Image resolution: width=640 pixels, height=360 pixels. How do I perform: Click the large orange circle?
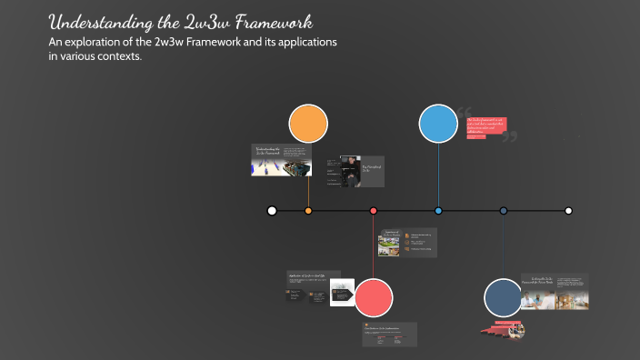tap(308, 125)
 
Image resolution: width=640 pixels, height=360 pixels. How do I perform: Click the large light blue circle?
tap(438, 125)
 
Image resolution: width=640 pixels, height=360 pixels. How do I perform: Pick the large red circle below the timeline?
tap(373, 297)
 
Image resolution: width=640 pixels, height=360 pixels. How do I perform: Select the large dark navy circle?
tap(503, 297)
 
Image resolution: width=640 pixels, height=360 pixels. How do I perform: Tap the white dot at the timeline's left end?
tap(272, 211)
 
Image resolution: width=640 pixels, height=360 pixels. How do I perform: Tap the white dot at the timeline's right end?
tap(568, 211)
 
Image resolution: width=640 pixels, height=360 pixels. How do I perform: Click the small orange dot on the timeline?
tap(308, 211)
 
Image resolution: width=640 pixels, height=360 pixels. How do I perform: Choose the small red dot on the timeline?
tap(373, 211)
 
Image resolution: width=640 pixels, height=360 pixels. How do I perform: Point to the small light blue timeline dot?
tap(438, 211)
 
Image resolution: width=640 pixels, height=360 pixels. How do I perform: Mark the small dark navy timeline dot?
tap(503, 211)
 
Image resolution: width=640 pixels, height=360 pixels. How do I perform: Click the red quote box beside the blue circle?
tap(486, 126)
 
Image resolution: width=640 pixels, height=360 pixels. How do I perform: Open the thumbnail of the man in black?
tap(348, 170)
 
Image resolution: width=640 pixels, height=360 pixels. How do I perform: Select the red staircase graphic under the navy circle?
tap(501, 327)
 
